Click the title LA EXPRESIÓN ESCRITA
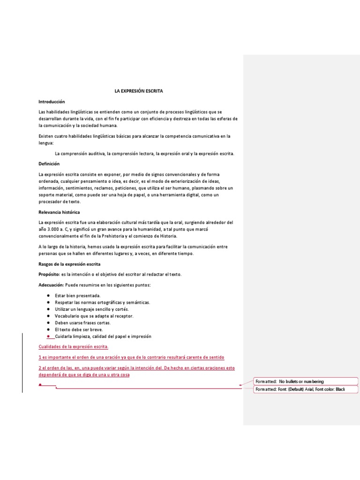click(x=139, y=91)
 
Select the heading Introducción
click(x=52, y=102)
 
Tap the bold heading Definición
click(x=49, y=164)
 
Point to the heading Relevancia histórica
click(x=59, y=212)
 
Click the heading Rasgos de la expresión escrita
click(x=69, y=264)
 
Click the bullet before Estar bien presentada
click(x=49, y=296)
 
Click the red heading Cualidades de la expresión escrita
click(x=73, y=346)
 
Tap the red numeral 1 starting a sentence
click(x=40, y=357)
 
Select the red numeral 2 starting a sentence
click(x=40, y=368)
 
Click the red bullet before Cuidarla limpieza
click(x=49, y=337)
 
